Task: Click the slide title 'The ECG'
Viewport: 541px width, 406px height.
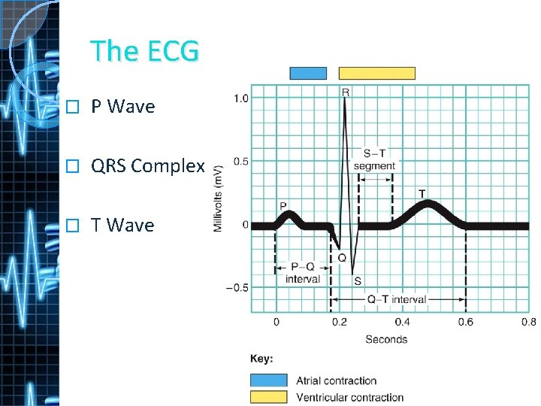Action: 144,51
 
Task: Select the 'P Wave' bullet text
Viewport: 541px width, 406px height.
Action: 122,107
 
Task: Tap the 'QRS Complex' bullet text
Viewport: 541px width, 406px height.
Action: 147,166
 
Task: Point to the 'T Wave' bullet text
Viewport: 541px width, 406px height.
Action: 122,226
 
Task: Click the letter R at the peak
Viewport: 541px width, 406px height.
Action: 346,92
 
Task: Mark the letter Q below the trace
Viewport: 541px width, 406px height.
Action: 341,257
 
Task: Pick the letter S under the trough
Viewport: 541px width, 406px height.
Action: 357,280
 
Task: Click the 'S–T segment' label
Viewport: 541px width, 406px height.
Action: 374,159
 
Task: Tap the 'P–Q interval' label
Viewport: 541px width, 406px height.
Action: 303,273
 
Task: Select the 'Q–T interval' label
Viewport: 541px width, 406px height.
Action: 397,299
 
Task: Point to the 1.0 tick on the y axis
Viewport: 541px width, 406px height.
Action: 241,98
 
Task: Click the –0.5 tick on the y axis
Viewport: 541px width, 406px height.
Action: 238,288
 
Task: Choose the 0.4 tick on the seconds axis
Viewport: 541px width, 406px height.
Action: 402,323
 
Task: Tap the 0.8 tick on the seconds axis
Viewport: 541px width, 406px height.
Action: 528,323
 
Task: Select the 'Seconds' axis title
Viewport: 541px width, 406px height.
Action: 386,339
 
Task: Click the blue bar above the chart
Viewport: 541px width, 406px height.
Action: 308,73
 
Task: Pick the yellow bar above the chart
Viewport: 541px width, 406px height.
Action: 376,73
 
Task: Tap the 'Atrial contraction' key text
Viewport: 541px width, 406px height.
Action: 336,380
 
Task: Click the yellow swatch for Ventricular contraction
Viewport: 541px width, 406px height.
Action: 268,397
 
